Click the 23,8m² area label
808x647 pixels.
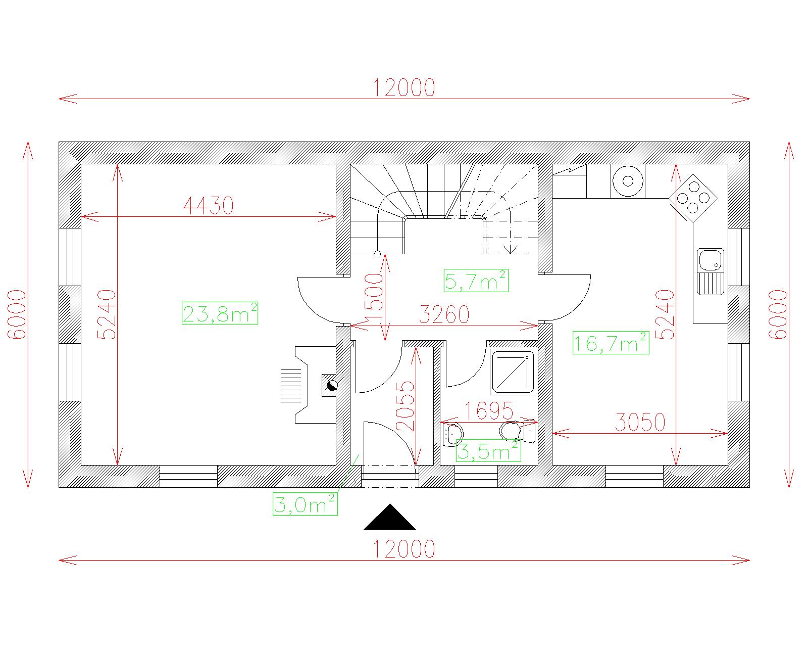(x=220, y=313)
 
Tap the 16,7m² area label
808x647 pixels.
(x=611, y=343)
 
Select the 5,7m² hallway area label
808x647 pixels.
(x=476, y=281)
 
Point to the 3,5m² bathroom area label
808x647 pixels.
(x=488, y=450)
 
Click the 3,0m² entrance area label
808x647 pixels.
(x=305, y=504)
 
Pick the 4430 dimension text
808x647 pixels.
(x=209, y=206)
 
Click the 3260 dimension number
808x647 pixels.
(x=444, y=314)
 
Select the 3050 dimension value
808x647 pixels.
(x=640, y=422)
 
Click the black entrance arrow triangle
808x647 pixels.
(x=390, y=517)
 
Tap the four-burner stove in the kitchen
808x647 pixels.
(x=693, y=198)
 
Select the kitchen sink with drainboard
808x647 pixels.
(x=711, y=271)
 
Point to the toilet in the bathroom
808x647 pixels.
(x=518, y=431)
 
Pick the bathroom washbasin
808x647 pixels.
(x=452, y=435)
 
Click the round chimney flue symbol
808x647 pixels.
(x=332, y=385)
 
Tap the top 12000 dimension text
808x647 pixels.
(x=405, y=87)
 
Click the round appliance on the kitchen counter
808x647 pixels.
(x=628, y=181)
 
